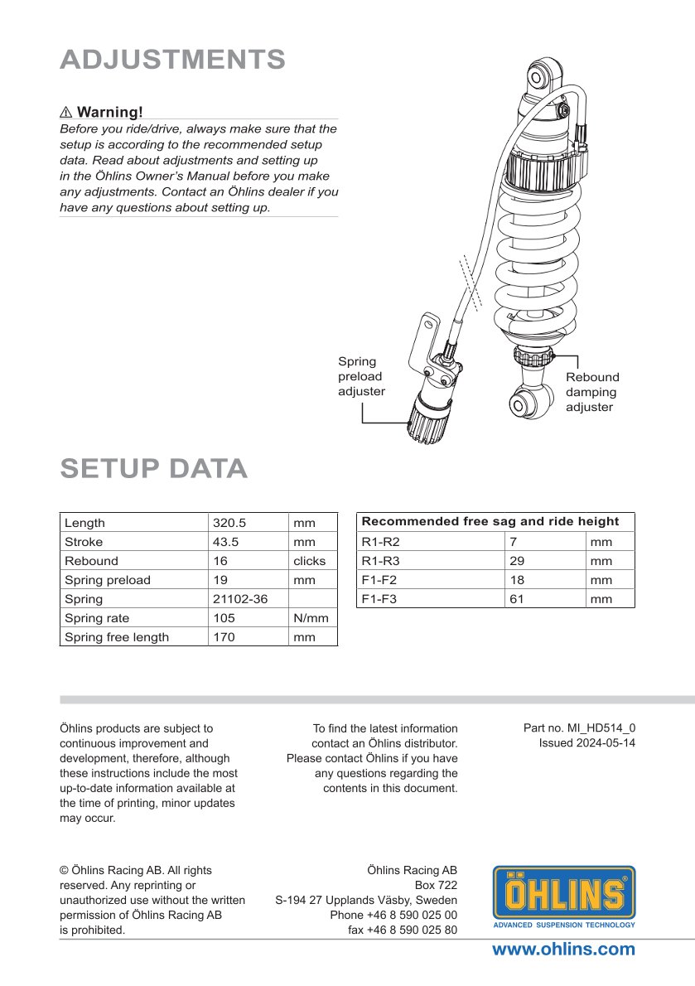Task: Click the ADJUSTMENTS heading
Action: (x=172, y=60)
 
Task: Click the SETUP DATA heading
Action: (x=153, y=468)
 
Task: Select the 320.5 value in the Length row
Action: (x=229, y=523)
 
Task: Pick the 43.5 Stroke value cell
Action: (x=227, y=542)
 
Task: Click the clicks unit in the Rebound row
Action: (x=309, y=561)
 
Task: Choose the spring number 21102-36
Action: (x=240, y=599)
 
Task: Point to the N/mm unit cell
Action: (x=311, y=618)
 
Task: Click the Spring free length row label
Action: (x=116, y=637)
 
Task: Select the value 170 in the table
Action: (x=224, y=637)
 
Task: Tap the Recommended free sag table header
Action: (x=490, y=521)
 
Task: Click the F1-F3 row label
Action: (x=380, y=598)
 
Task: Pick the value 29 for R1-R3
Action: (x=517, y=560)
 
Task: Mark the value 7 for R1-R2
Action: (x=514, y=542)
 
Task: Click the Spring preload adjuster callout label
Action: (x=361, y=376)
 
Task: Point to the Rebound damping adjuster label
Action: (x=591, y=392)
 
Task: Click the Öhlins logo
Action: (x=565, y=896)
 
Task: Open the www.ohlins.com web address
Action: (x=563, y=950)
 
